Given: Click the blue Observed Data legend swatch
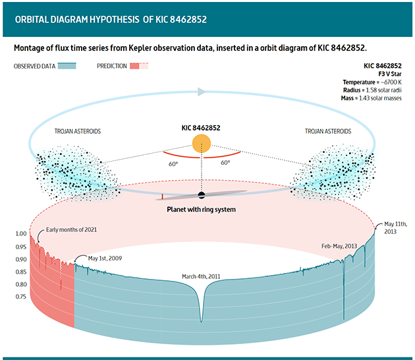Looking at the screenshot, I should (x=67, y=66).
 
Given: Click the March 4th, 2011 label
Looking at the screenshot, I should (x=202, y=277).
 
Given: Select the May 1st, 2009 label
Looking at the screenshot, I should (x=105, y=257).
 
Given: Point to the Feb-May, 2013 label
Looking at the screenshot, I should (x=339, y=246).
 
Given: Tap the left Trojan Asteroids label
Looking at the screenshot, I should (x=78, y=131).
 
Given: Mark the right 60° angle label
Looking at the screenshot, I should (x=225, y=162).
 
